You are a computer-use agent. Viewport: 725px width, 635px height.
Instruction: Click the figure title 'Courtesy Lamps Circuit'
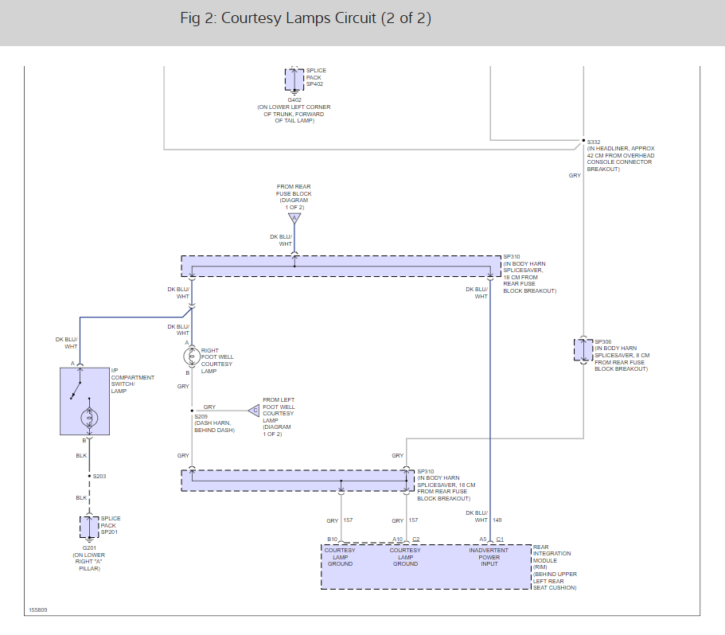[298, 18]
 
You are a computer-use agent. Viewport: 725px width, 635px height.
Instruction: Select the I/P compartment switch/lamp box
[84, 401]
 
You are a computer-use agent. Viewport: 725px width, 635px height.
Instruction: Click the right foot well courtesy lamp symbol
[192, 356]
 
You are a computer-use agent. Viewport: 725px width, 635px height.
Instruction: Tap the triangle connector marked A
[294, 218]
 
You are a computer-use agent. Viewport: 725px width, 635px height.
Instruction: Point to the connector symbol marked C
[254, 411]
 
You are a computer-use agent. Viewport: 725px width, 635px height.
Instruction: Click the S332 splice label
[594, 142]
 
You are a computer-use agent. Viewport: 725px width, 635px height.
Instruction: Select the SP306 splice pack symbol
[583, 350]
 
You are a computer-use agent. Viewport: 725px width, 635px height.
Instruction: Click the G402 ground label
[294, 99]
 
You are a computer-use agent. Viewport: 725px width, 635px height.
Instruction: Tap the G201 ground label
[89, 547]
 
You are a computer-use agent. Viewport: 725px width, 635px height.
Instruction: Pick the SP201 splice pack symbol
[89, 527]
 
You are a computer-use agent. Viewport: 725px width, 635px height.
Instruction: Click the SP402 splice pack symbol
[294, 80]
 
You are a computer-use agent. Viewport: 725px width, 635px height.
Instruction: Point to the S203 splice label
[99, 476]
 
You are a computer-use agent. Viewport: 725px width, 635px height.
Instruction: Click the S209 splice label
[201, 416]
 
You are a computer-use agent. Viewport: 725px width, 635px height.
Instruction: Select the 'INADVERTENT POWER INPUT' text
[489, 557]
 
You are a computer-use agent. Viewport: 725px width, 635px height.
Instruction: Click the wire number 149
[497, 520]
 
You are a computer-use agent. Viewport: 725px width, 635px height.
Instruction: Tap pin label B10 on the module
[333, 540]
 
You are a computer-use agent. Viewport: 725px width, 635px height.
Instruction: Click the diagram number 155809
[38, 610]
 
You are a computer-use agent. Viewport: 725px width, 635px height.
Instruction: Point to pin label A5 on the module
[483, 540]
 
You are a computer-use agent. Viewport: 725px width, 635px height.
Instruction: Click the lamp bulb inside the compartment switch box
[89, 418]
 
